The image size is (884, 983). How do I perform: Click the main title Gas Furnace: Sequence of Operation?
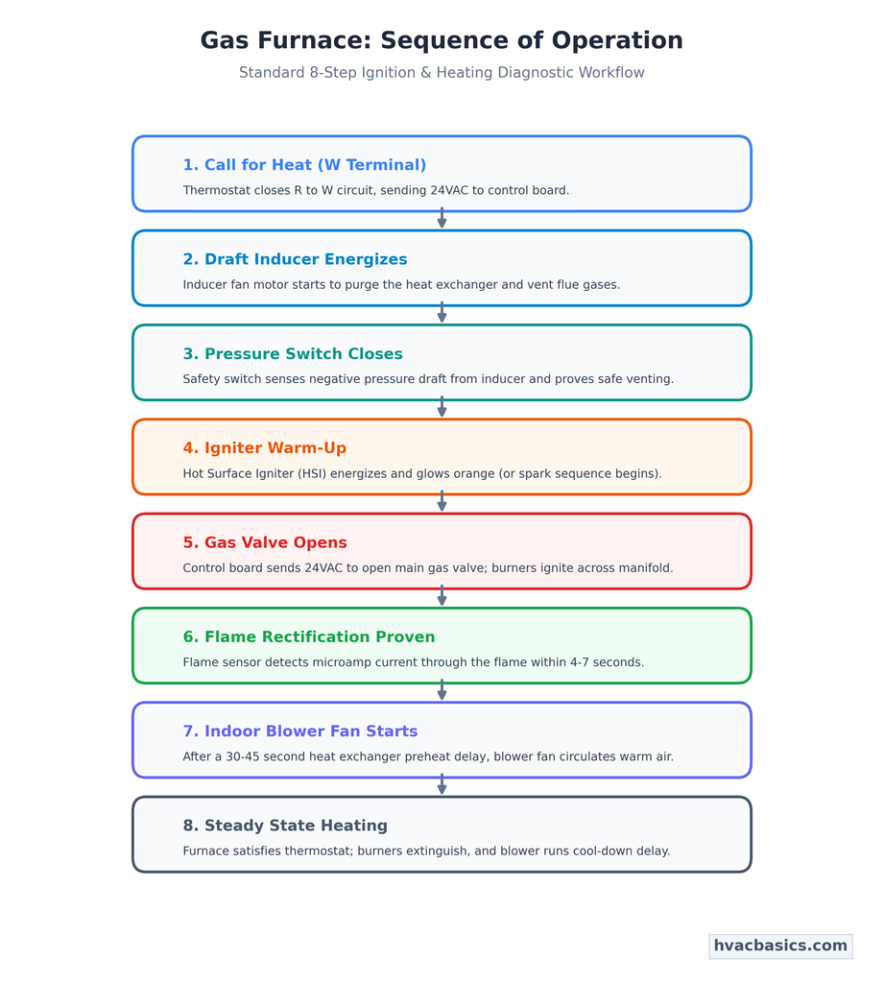[442, 40]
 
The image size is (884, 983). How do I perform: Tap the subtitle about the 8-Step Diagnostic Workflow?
[442, 73]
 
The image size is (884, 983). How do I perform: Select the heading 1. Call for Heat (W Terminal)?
[304, 165]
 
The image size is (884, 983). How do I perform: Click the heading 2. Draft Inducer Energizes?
[295, 259]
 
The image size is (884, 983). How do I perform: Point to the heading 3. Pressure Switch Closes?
[293, 353]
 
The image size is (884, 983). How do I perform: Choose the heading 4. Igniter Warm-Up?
[265, 448]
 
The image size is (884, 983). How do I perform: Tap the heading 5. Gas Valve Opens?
[265, 542]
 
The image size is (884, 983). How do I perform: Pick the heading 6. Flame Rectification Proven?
[309, 637]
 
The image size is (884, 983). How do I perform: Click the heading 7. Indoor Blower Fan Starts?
[300, 731]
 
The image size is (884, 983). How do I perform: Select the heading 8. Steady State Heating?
[285, 826]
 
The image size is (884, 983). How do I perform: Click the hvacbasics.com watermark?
[780, 946]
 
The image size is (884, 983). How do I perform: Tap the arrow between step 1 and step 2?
[442, 218]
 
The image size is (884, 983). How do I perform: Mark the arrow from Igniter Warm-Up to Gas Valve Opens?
[442, 501]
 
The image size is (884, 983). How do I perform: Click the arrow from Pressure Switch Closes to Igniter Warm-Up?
[442, 406]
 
